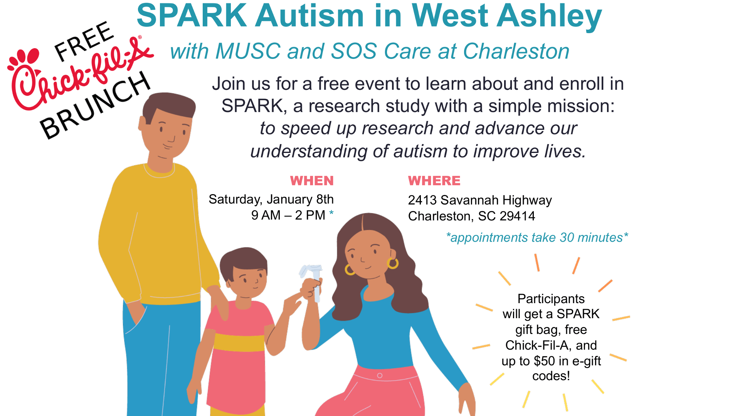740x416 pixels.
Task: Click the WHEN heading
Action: [312, 181]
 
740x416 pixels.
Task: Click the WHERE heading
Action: [434, 181]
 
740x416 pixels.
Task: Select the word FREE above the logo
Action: [84, 42]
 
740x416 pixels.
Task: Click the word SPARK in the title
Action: [192, 16]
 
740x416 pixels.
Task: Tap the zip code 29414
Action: [517, 216]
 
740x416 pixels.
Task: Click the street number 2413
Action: [422, 200]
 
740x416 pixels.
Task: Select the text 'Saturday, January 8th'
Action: [271, 200]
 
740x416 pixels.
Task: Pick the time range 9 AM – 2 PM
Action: [288, 215]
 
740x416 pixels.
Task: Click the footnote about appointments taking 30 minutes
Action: [537, 238]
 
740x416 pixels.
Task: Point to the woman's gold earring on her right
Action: [393, 263]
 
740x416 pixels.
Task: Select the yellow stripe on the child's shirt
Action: [239, 342]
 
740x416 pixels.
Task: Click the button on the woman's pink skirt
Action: [380, 376]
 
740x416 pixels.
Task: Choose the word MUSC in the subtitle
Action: [248, 51]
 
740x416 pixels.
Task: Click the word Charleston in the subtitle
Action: [516, 51]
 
